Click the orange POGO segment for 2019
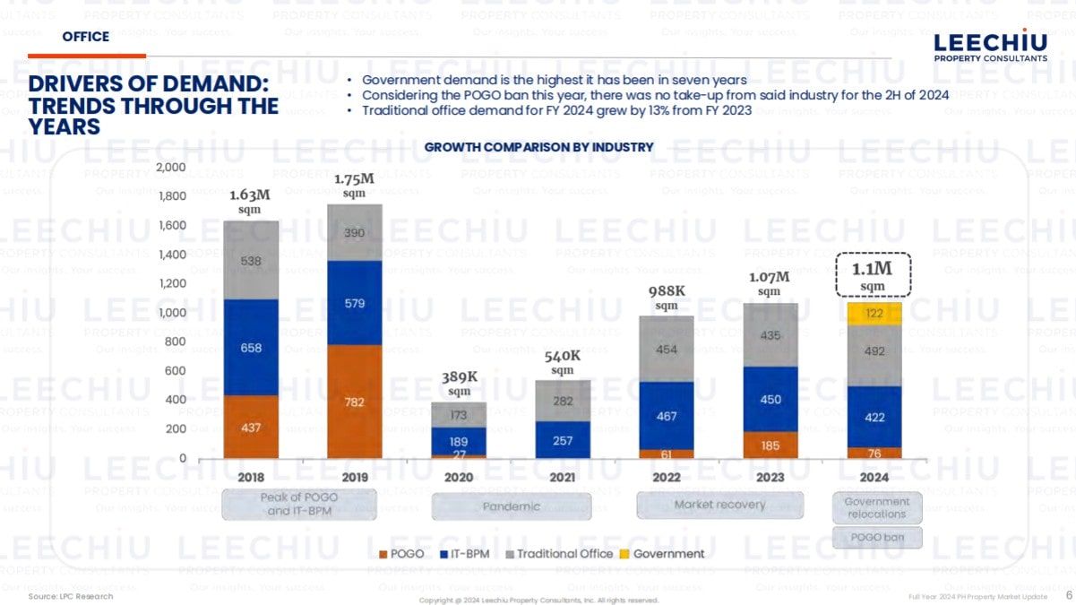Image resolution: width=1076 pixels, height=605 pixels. point(354,402)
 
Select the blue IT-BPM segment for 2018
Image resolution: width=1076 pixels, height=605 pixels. point(251,347)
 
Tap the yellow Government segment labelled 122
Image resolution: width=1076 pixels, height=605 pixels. point(874,313)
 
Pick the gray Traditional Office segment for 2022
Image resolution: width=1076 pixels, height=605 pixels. point(666,349)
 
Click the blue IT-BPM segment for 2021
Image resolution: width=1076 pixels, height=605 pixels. point(563,440)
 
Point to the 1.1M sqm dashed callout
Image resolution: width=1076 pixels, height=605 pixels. point(874,274)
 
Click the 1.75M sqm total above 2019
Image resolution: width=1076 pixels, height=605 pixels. point(354,185)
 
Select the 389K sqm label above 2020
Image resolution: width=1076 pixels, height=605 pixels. point(459,384)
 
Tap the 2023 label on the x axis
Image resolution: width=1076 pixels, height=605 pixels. point(770,477)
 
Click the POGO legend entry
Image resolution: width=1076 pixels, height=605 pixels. point(400,554)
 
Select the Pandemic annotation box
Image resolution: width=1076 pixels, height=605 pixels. point(512,506)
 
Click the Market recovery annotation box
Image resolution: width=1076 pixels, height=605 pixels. point(719,505)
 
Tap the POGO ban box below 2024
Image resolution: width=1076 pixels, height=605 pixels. point(877,538)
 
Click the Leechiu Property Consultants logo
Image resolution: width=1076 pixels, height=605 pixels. point(990,47)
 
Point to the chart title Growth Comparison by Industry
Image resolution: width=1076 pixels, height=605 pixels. point(538,147)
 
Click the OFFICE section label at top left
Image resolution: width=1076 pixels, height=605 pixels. point(86,37)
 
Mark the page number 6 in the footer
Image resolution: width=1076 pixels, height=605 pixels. point(1068,595)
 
